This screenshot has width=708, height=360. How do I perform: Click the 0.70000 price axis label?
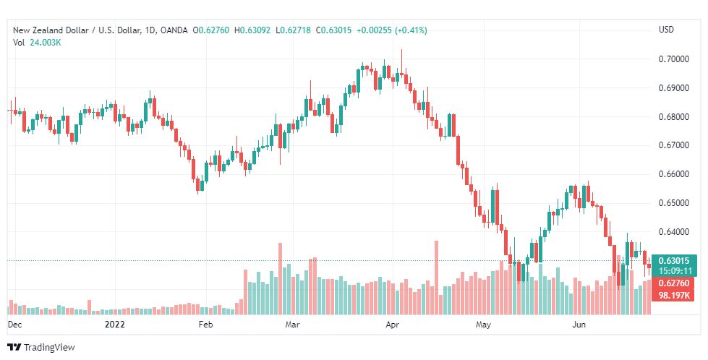point(674,59)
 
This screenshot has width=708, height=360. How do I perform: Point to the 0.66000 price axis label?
point(674,174)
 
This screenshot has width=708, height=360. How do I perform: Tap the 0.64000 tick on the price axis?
point(674,232)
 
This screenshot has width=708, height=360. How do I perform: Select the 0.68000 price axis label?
point(674,117)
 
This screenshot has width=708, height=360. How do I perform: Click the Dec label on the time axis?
point(14,325)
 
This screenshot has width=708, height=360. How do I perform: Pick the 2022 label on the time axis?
point(114,325)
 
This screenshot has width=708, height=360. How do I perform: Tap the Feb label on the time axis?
point(205,325)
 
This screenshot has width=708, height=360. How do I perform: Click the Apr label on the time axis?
point(393,325)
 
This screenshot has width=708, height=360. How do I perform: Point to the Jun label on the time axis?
point(579,325)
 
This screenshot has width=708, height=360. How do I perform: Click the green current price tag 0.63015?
point(674,261)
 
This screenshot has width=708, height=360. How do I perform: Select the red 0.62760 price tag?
point(674,283)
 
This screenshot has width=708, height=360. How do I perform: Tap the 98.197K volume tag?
point(674,296)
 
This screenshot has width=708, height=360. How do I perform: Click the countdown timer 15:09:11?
point(675,271)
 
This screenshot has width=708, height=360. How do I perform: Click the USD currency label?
point(666,30)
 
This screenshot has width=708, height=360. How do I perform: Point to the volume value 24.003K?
point(46,43)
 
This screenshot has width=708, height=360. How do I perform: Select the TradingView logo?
point(41,348)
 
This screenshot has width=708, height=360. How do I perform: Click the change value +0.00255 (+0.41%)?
point(392,30)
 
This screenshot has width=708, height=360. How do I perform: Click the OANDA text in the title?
point(174,30)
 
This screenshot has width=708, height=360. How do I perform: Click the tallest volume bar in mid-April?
point(437,278)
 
